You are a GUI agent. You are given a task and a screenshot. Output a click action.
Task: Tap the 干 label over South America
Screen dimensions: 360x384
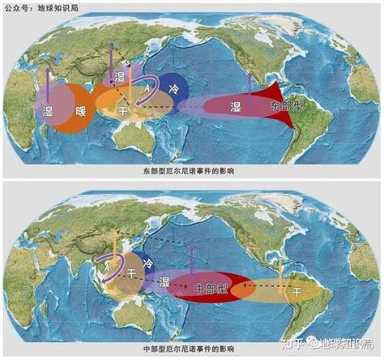pyautogui.click(x=297, y=290)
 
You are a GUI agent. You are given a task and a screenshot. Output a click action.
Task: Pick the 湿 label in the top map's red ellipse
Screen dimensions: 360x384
pyautogui.click(x=236, y=107)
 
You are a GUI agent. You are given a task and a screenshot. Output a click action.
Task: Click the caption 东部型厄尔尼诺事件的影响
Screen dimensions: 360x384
pyautogui.click(x=191, y=172)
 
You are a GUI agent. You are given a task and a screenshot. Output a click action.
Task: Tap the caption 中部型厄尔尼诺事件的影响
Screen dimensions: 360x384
pyautogui.click(x=191, y=350)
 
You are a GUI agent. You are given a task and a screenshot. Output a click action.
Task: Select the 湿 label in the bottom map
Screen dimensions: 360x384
pyautogui.click(x=165, y=281)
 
